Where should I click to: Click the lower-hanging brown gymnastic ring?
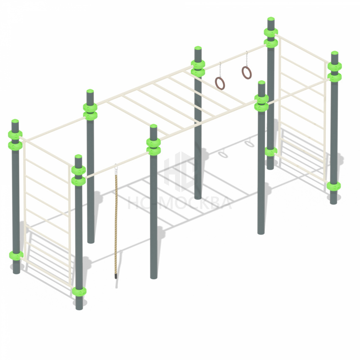tap(216, 84)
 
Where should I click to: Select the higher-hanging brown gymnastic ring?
tap(242, 73)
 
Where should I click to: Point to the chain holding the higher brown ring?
tap(247, 59)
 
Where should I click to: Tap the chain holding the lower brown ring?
tap(220, 70)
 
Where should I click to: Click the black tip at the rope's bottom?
tap(116, 276)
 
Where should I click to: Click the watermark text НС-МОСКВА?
tap(179, 203)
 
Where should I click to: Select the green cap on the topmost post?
tap(271, 19)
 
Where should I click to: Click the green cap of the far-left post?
tap(15, 121)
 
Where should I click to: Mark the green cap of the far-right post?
tap(335, 53)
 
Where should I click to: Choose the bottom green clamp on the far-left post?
tap(16, 255)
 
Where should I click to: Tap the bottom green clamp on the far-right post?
tap(333, 186)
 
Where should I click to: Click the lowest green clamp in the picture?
tap(79, 291)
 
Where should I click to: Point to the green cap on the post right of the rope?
tap(153, 126)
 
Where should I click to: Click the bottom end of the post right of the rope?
tap(153, 278)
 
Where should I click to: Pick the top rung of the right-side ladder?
tap(302, 48)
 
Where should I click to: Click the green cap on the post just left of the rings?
tap(198, 48)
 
